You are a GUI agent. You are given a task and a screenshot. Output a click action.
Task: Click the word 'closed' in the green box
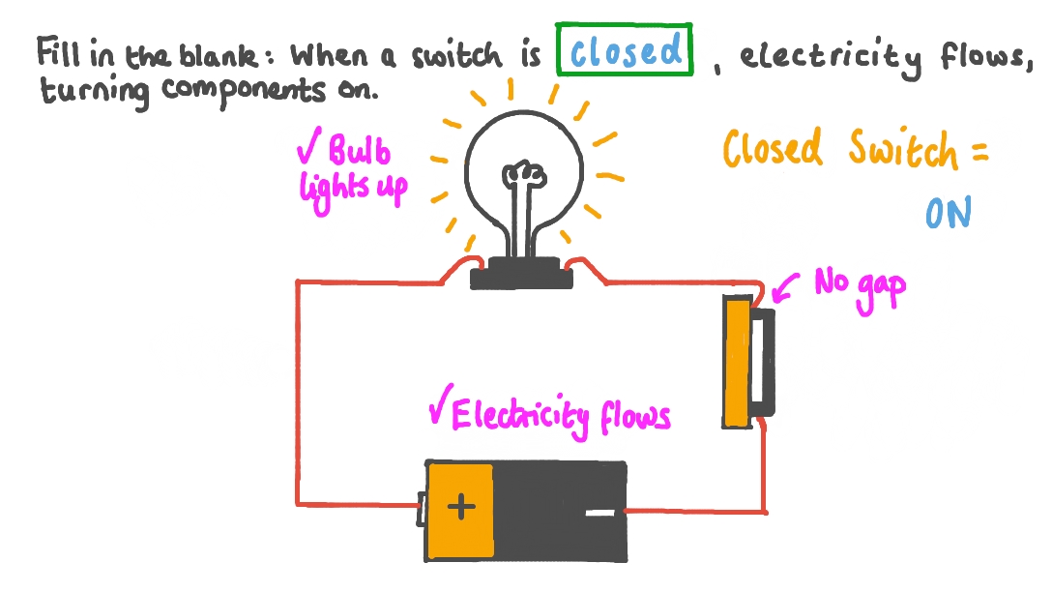626,52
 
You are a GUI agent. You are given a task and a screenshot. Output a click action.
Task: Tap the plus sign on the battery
461,507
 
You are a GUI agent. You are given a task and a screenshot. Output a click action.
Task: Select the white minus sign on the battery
599,513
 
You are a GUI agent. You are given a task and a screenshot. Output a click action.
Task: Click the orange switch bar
738,362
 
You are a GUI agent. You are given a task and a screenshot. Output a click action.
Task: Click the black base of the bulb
523,273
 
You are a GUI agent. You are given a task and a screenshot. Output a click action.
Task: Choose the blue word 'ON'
948,214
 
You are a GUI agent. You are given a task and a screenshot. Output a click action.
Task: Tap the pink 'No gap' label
859,288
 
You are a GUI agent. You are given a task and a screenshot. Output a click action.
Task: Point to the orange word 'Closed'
774,150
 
